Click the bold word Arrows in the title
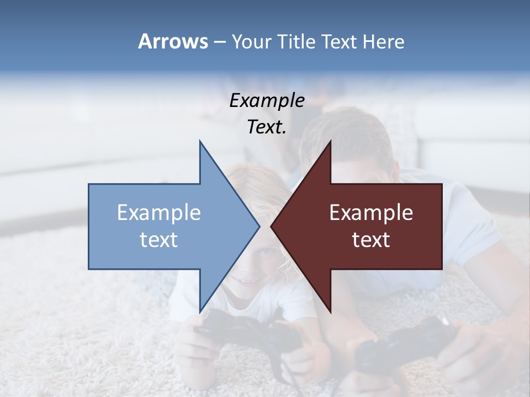[173, 41]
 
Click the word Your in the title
[252, 41]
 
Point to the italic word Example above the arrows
[267, 100]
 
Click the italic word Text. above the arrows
[267, 127]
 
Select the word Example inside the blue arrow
[159, 212]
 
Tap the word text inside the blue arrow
[159, 239]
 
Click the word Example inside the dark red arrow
[371, 212]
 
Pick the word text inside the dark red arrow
[371, 239]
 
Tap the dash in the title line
[219, 42]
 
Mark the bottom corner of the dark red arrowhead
[330, 311]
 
